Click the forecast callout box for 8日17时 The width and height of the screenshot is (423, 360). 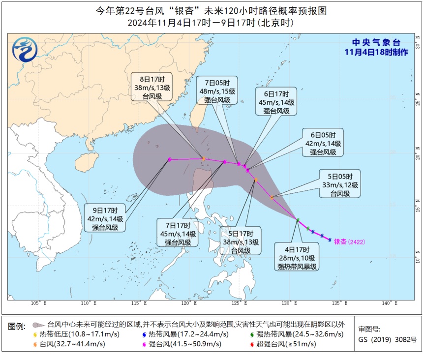(151, 87)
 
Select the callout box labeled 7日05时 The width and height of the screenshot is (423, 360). (217, 90)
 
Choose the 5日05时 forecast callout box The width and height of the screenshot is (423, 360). (340, 184)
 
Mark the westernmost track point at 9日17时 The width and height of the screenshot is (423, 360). (169, 159)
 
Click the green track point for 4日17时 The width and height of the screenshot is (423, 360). (298, 220)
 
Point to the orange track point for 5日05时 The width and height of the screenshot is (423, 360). (272, 197)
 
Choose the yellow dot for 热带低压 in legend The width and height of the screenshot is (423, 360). (35, 334)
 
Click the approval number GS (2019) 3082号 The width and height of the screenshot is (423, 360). (387, 339)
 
